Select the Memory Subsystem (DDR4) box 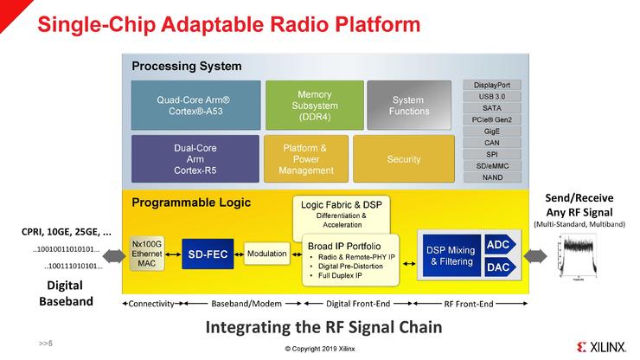314,105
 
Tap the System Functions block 409,105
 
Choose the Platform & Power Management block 305,158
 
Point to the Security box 404,158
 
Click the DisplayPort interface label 491,85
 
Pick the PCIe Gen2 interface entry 491,119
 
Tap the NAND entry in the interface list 491,177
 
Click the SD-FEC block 208,254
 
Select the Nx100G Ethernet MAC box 146,254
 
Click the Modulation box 266,254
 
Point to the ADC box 498,245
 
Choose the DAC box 498,267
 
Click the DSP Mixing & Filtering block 451,256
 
